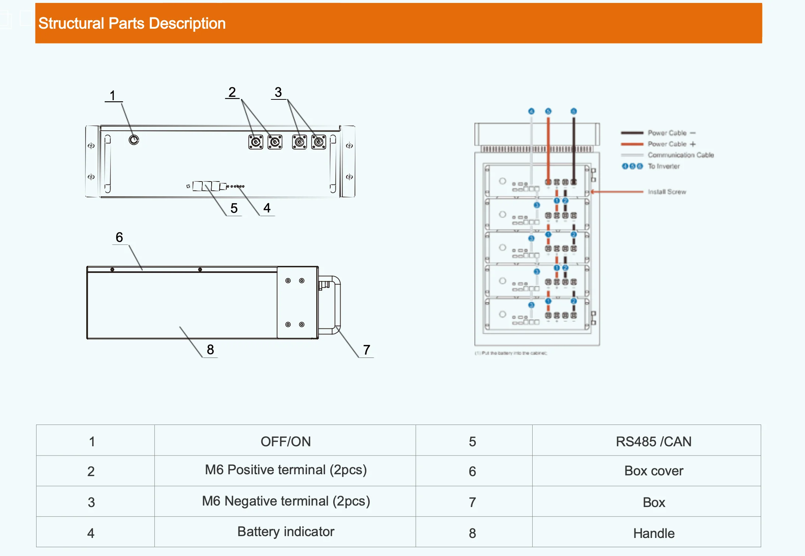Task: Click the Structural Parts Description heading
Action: [x=132, y=24]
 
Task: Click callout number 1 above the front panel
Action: [x=113, y=96]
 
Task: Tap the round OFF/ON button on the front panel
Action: [x=134, y=140]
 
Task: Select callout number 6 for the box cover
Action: [x=119, y=237]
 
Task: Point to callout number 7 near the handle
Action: [x=366, y=350]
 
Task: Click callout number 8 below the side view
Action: [x=210, y=349]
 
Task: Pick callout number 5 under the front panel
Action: [x=234, y=208]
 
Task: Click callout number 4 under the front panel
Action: [x=267, y=208]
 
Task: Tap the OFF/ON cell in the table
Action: [x=285, y=441]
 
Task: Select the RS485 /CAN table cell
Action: [x=653, y=441]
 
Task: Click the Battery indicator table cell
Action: [x=285, y=531]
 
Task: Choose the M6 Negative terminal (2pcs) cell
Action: [x=285, y=501]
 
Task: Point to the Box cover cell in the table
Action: [x=653, y=471]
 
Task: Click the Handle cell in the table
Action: [x=653, y=533]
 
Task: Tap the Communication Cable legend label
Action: [x=680, y=155]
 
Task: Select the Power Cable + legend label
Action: [x=671, y=144]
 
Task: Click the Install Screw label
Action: [x=667, y=192]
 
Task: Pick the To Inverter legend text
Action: [x=663, y=166]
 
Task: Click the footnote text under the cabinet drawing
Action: [x=511, y=353]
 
